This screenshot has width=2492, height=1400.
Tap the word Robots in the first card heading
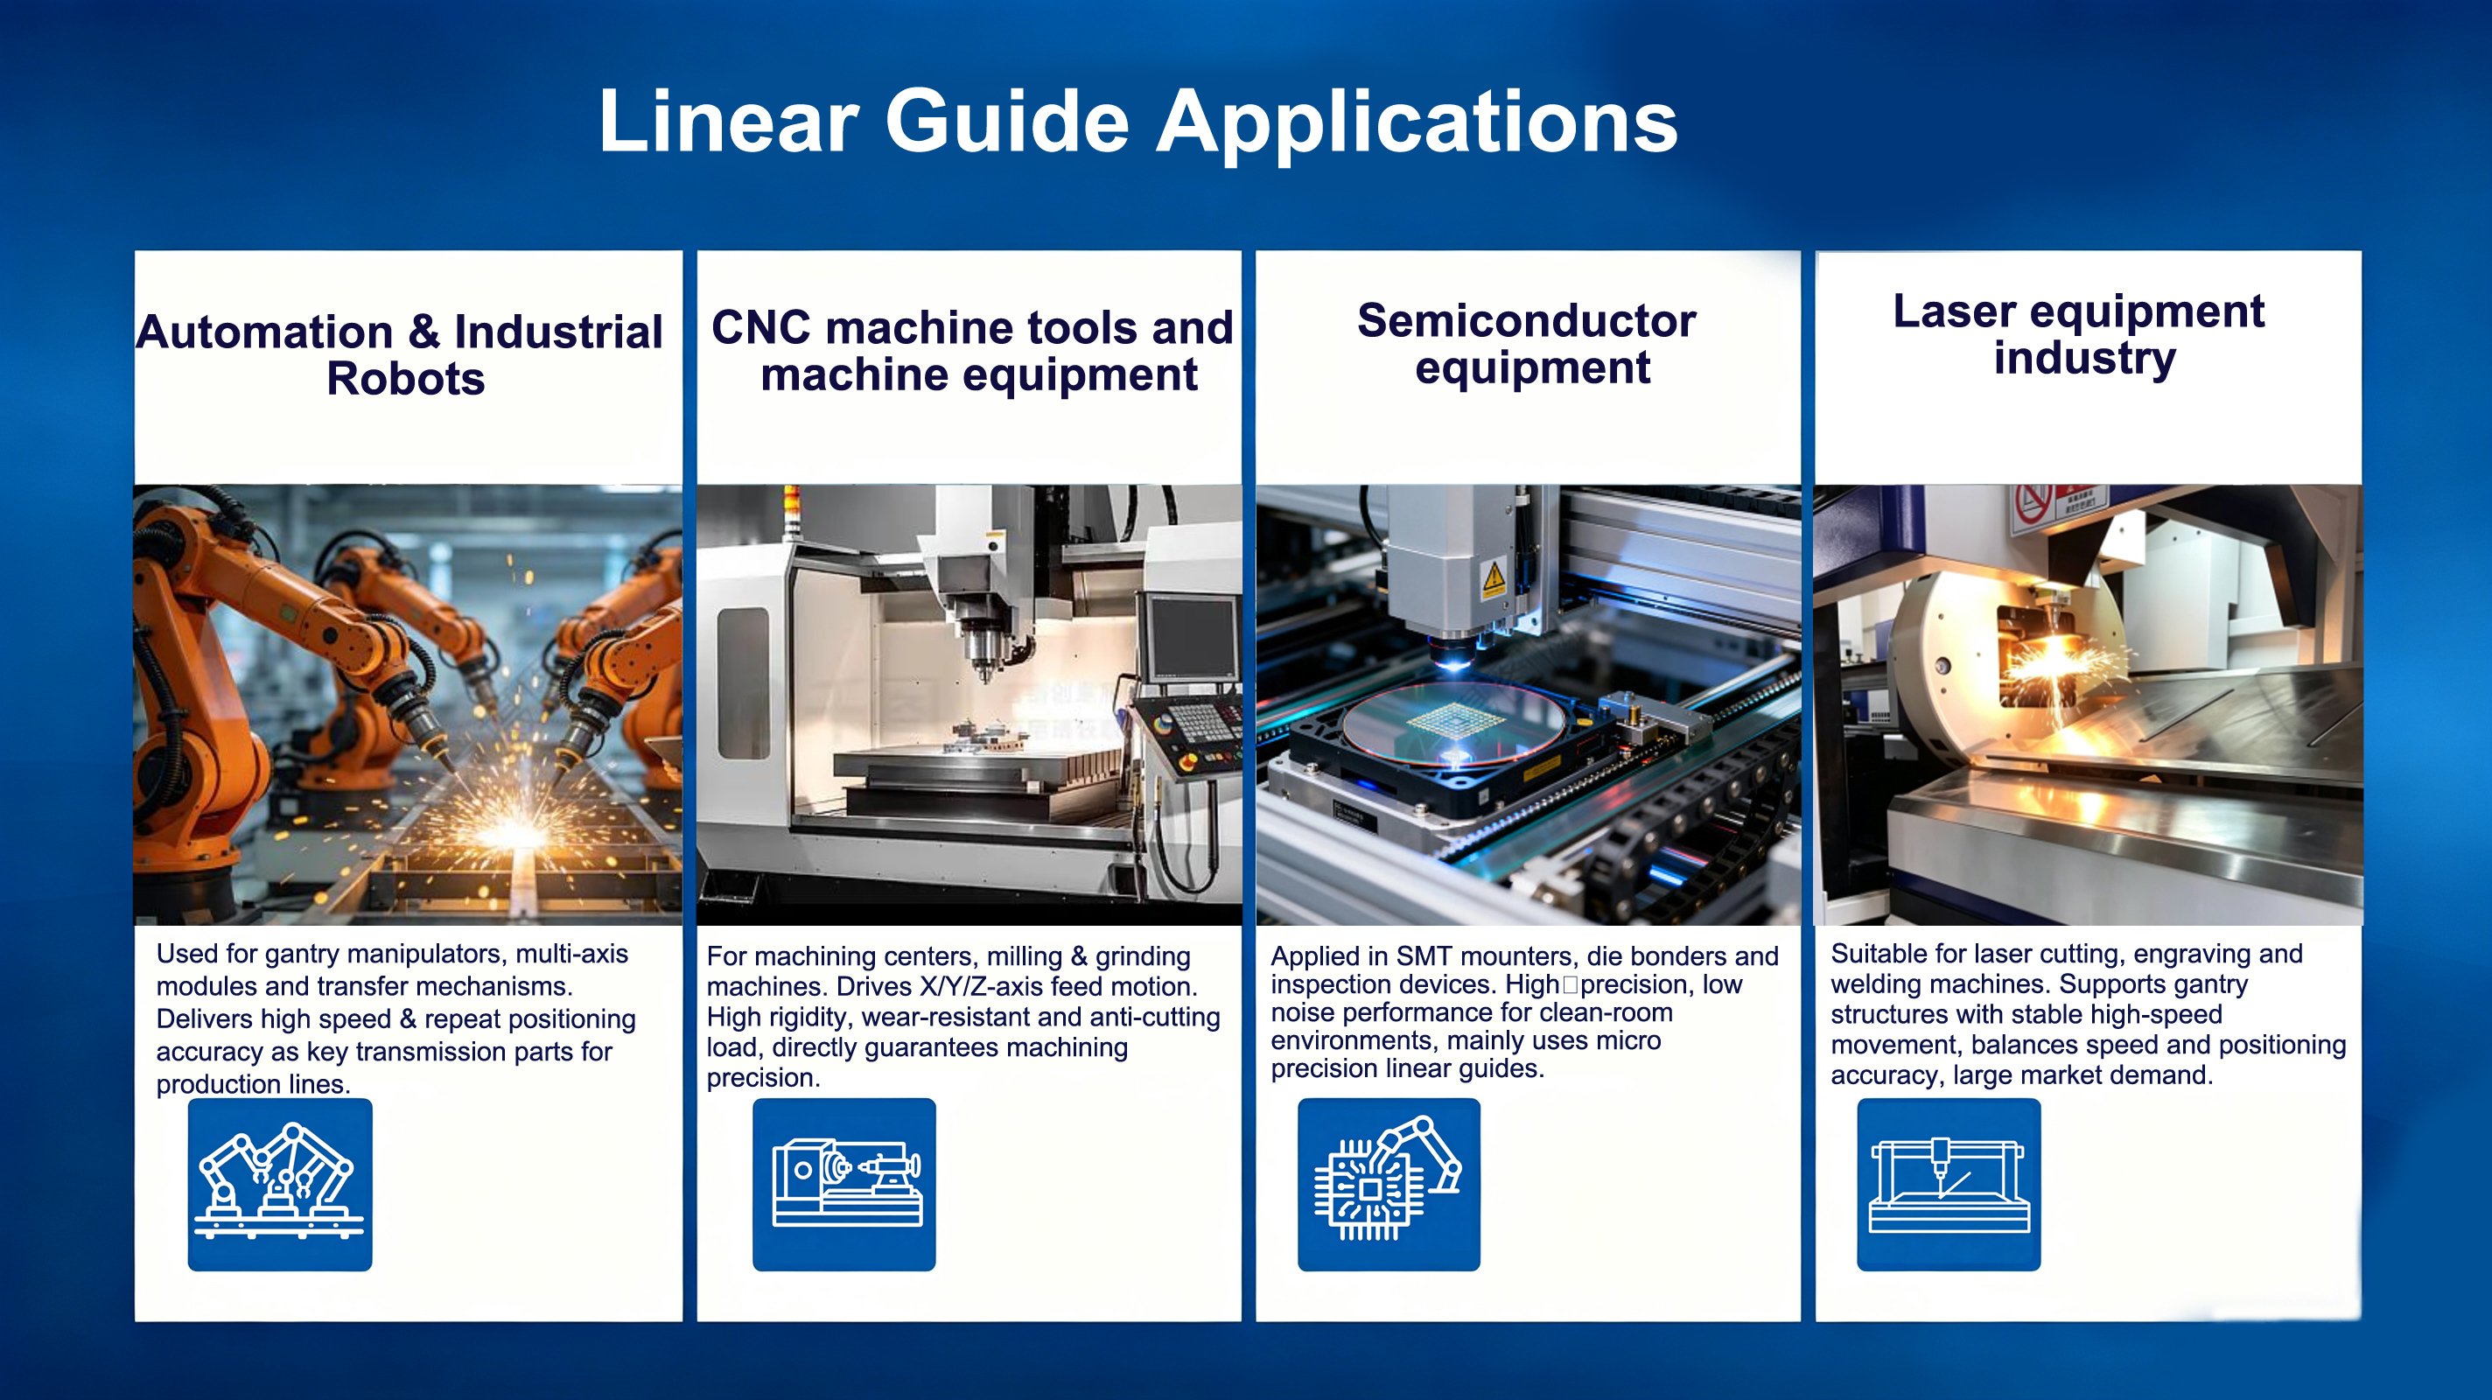point(405,378)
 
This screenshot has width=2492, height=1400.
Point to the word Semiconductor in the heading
point(1527,320)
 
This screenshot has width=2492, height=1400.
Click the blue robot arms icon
point(280,1184)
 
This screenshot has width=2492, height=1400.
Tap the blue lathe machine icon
point(844,1184)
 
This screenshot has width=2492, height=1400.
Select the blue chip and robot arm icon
point(1389,1184)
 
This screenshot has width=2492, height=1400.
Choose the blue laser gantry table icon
point(1949,1184)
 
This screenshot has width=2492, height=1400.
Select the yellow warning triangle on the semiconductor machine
point(1493,577)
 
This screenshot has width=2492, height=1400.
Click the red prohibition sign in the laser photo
point(2033,504)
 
